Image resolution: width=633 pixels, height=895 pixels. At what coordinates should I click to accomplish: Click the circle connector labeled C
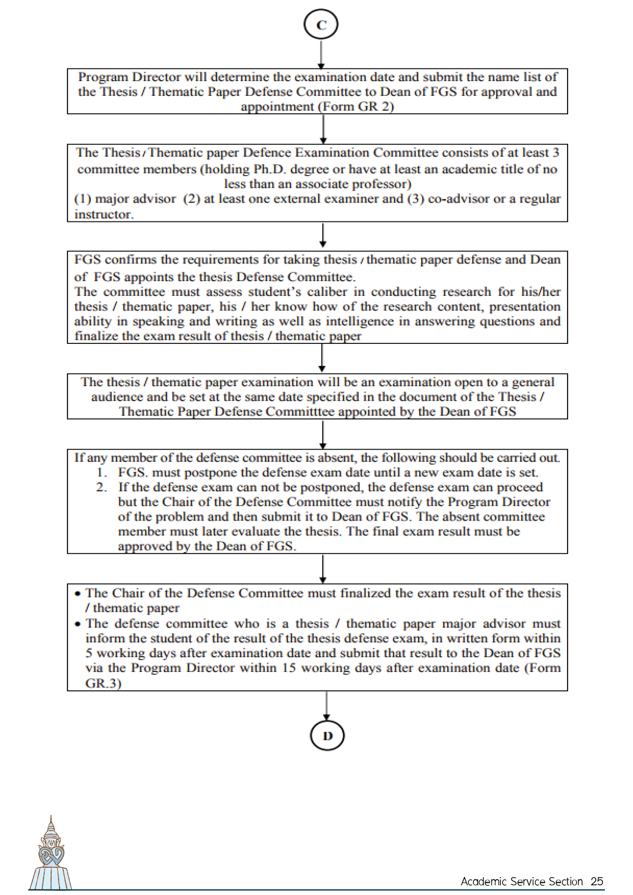coord(321,24)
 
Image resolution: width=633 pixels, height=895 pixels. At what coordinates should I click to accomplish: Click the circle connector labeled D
coord(327,735)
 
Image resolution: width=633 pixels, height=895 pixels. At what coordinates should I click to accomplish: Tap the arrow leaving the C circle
coord(321,54)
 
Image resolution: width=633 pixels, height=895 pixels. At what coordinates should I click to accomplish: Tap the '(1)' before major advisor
coord(82,199)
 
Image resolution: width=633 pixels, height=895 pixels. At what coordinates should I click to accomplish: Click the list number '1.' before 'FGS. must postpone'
coord(102,473)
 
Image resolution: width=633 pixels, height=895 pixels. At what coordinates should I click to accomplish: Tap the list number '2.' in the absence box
coord(102,487)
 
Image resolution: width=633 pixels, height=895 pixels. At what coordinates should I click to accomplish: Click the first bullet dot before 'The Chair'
coord(78,593)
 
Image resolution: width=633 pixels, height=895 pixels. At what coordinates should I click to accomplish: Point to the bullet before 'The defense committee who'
coord(78,624)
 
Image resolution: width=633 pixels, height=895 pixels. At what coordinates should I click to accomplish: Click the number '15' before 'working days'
coord(288,668)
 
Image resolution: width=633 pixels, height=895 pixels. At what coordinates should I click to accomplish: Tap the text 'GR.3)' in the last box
coord(103,683)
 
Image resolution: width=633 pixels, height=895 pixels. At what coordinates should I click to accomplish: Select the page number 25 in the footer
coord(597,881)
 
